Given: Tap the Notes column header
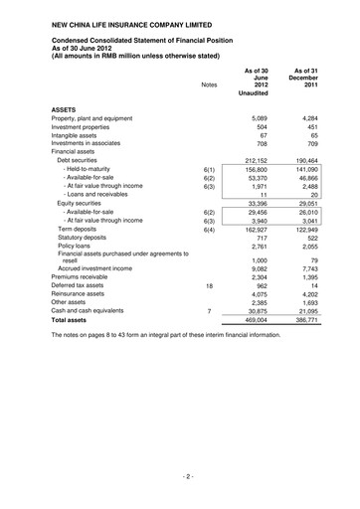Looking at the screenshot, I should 209,85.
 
